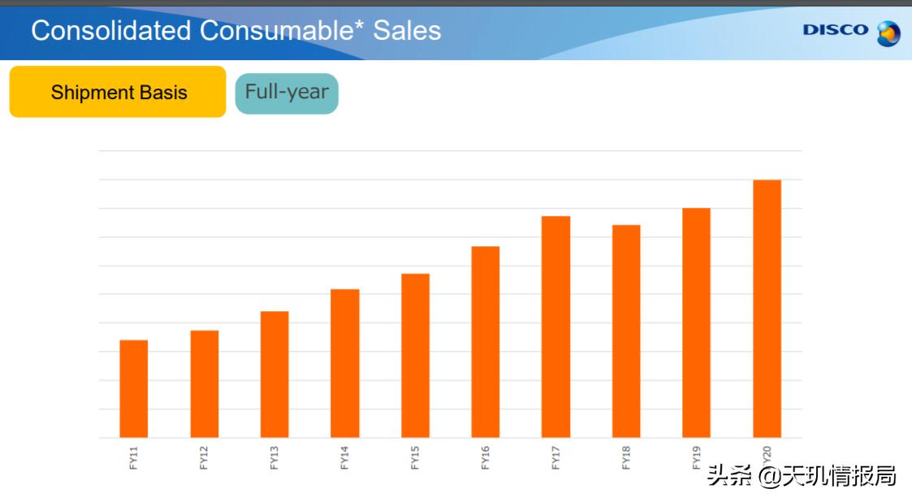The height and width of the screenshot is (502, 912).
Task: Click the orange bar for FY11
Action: [x=134, y=388]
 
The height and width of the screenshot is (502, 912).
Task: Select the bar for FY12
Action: [x=205, y=383]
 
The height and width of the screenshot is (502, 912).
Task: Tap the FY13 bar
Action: [x=274, y=374]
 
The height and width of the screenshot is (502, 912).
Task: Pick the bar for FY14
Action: [x=345, y=363]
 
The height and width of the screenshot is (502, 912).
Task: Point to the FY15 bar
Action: [x=415, y=355]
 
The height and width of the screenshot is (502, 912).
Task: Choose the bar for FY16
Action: [x=486, y=341]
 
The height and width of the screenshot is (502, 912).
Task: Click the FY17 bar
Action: [x=556, y=327]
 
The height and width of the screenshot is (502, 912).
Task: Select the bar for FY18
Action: [x=626, y=331]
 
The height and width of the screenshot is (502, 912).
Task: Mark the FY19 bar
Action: [x=696, y=322]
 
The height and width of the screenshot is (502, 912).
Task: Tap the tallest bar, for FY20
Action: [x=767, y=309]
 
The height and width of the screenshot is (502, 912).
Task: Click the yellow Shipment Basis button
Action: [x=118, y=92]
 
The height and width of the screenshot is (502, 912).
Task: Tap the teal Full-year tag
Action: [x=287, y=93]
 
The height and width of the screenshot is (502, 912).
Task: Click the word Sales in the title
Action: [x=407, y=31]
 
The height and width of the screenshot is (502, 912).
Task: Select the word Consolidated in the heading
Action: [x=112, y=31]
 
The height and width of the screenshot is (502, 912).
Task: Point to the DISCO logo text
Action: [x=836, y=30]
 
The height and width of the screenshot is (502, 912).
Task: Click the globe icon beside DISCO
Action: [x=888, y=33]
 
